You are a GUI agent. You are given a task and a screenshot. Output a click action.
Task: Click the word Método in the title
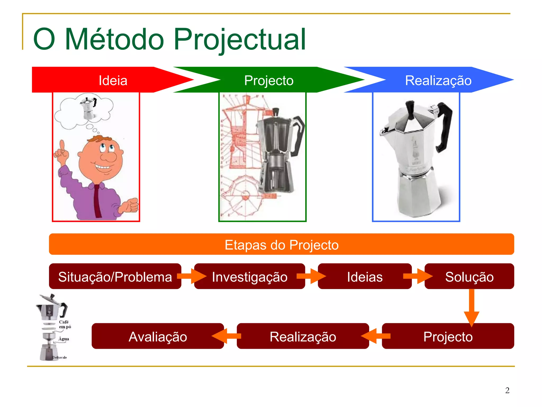click(114, 40)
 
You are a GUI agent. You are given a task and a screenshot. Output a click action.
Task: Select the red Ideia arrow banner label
click(113, 80)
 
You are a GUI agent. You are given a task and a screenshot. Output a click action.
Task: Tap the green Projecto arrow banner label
click(269, 80)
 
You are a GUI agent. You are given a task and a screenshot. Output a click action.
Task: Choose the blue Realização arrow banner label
click(438, 80)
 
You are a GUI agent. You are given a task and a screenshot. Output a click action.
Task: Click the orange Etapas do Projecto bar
click(281, 244)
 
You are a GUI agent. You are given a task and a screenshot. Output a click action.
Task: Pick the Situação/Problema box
click(115, 277)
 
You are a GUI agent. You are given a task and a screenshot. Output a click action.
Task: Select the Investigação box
click(249, 277)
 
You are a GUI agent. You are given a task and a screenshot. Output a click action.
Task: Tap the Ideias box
click(364, 277)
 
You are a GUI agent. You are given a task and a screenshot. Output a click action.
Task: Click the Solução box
click(469, 277)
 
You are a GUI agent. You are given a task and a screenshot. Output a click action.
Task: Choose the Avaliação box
click(158, 336)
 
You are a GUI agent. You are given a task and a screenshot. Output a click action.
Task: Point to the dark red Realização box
click(303, 336)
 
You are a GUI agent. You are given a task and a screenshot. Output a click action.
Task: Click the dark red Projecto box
click(448, 336)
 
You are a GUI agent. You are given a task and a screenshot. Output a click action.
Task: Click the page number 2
click(507, 390)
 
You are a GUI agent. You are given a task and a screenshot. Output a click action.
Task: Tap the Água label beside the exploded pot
click(64, 339)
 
